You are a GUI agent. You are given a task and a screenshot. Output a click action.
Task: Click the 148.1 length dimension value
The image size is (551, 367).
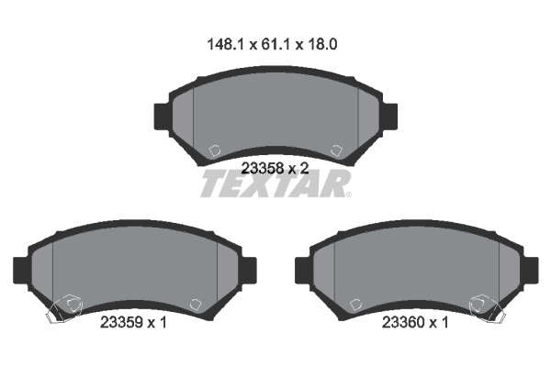[225, 45]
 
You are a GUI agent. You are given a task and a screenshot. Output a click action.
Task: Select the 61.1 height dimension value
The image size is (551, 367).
[275, 45]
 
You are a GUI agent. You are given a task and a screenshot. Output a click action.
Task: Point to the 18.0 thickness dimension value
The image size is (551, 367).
[322, 45]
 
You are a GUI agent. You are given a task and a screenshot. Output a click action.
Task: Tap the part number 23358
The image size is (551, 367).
[262, 169]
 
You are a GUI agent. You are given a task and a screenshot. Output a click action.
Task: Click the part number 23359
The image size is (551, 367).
[121, 322]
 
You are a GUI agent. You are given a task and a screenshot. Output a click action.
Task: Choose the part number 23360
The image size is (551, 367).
[403, 322]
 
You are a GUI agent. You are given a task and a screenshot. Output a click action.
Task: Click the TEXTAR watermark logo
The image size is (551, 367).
[275, 184]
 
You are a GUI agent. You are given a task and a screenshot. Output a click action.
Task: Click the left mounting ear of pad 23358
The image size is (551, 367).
[162, 117]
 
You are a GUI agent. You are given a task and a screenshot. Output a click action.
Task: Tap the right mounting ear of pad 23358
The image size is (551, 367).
[389, 117]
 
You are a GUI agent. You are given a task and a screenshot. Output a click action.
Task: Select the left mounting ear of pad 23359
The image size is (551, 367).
[21, 271]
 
